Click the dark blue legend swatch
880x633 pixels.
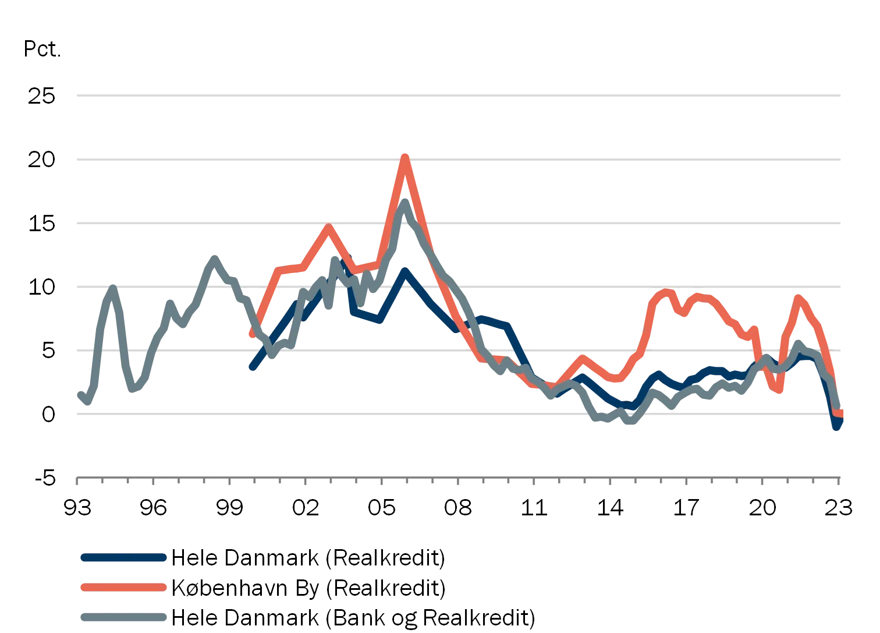tap(123, 557)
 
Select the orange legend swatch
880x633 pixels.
tap(123, 587)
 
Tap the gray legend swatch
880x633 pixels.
tap(123, 617)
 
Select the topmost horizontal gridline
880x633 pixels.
tap(459, 95)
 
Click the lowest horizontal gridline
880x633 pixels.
tap(459, 415)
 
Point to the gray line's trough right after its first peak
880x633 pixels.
tap(133, 391)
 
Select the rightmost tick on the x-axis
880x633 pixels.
tap(839, 482)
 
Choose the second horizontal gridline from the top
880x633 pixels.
tap(459, 161)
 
